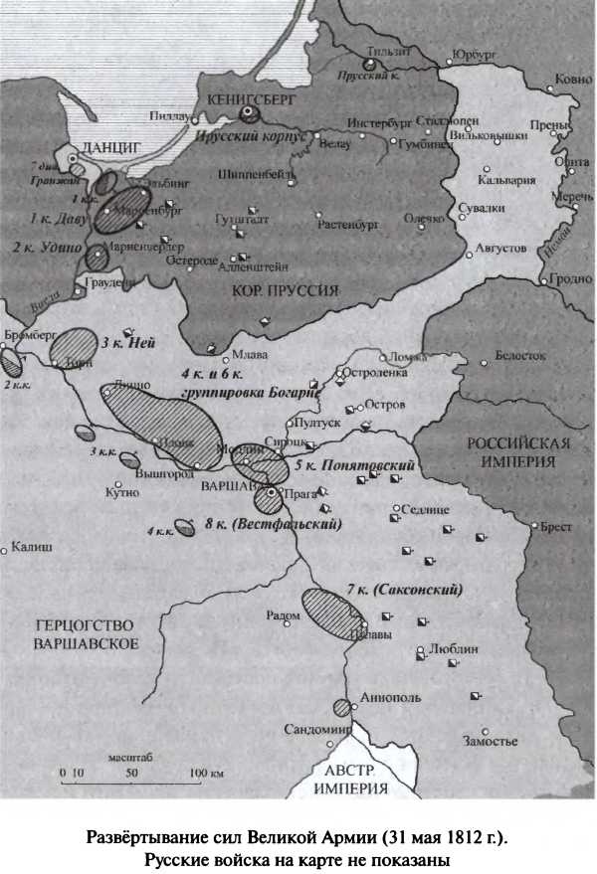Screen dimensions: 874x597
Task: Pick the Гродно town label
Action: [x=570, y=278]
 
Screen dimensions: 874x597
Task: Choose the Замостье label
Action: [x=491, y=742]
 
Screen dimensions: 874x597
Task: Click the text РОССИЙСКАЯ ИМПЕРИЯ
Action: [x=517, y=452]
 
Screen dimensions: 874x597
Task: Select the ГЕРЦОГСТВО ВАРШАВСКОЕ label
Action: [x=85, y=633]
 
